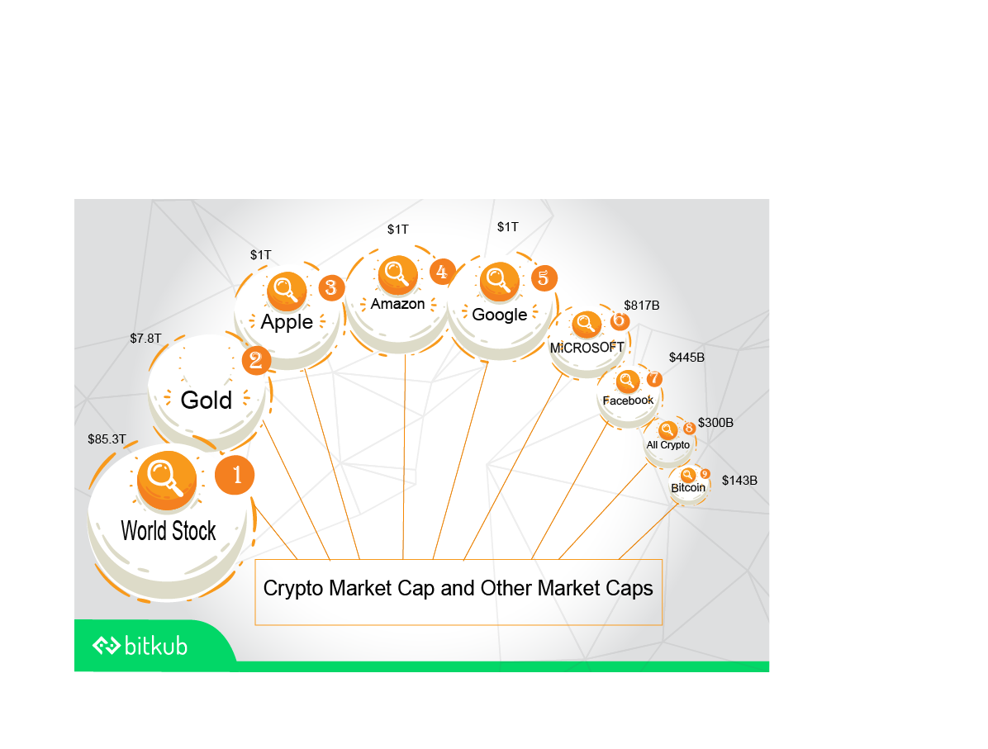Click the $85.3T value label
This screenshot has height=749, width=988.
click(107, 439)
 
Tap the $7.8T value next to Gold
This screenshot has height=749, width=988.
click(145, 339)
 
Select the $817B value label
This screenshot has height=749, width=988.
click(642, 306)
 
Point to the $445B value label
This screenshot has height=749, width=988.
click(686, 358)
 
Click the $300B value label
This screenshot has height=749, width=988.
click(715, 423)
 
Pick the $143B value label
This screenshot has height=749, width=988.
click(739, 480)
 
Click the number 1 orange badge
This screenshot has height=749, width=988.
click(235, 475)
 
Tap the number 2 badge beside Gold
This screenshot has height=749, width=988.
click(256, 360)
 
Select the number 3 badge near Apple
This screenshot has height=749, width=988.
click(330, 288)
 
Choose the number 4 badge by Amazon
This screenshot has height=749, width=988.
click(442, 272)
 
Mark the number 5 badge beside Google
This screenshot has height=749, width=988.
click(543, 277)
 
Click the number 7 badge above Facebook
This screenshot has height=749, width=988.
click(654, 379)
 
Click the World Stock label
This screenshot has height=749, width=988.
click(169, 530)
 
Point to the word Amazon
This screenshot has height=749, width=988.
click(397, 304)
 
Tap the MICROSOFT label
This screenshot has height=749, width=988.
click(587, 348)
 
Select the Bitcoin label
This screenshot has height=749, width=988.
click(688, 488)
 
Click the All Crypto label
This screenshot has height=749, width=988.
click(667, 445)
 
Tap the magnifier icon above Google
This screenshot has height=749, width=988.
click(499, 280)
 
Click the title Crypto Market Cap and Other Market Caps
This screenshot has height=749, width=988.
click(458, 589)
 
